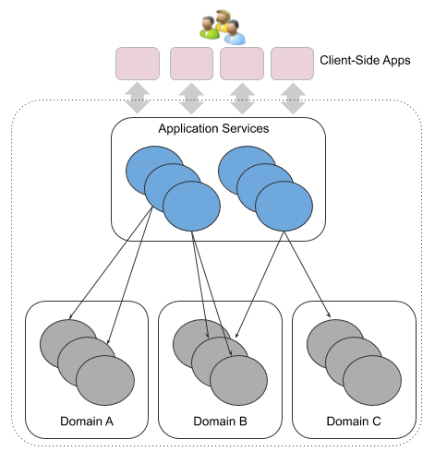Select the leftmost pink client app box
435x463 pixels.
pyautogui.click(x=138, y=63)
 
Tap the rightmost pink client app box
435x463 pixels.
pyautogui.click(x=293, y=63)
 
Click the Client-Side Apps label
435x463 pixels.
pyautogui.click(x=365, y=63)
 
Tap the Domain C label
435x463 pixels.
pyautogui.click(x=353, y=421)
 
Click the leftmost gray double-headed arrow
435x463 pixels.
pyautogui.click(x=138, y=97)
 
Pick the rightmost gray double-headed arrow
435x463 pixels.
pyautogui.click(x=293, y=97)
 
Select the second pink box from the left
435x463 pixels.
pyautogui.click(x=189, y=63)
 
